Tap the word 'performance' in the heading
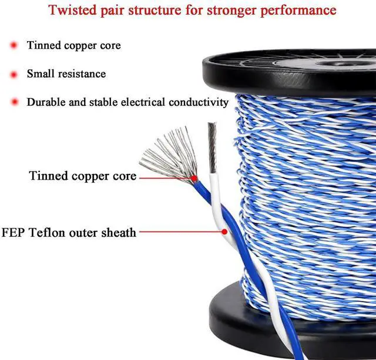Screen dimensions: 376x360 pyautogui.click(x=299, y=11)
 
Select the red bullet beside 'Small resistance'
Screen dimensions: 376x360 pyautogui.click(x=14, y=75)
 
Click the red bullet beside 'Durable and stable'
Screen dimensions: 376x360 pyautogui.click(x=14, y=102)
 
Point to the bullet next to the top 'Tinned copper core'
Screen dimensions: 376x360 pyautogui.click(x=14, y=46)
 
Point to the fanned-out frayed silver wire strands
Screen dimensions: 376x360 pyautogui.click(x=164, y=156)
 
